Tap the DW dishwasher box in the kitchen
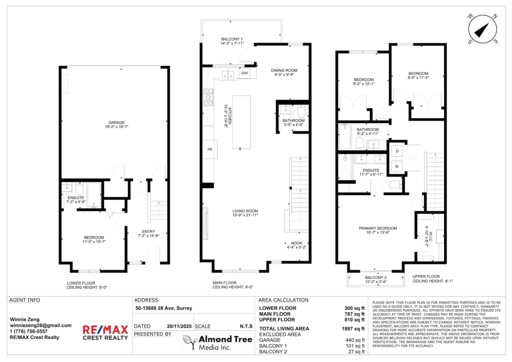click(244, 74)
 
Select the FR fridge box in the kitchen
click(209, 149)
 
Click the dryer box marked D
click(397, 151)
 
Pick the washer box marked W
click(397, 166)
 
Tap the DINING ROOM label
click(284, 72)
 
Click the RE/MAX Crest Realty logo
click(105, 332)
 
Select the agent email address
click(41, 325)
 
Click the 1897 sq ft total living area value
click(355, 329)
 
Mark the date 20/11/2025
click(178, 326)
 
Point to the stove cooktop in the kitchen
click(209, 97)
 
